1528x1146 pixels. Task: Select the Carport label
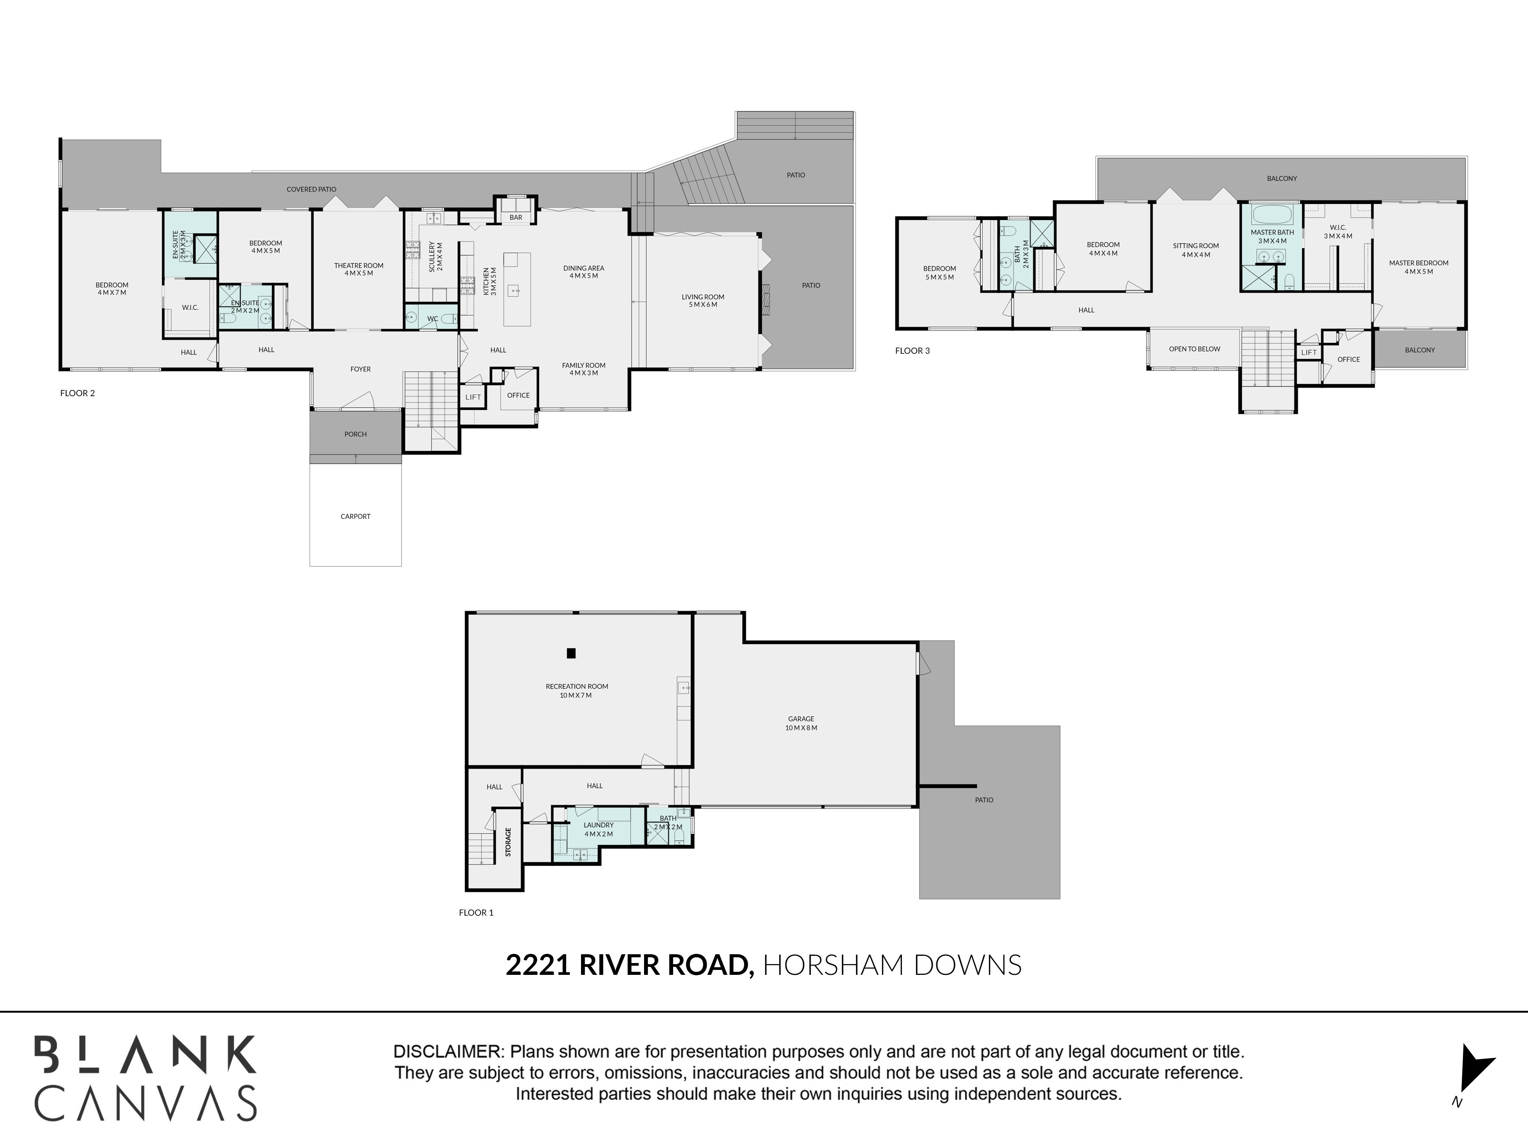pyautogui.click(x=355, y=516)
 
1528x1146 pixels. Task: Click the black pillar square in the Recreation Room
pyautogui.click(x=571, y=653)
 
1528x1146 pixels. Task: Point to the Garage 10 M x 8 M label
pyautogui.click(x=801, y=723)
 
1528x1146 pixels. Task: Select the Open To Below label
pyautogui.click(x=1195, y=349)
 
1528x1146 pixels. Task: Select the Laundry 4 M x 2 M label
pyautogui.click(x=598, y=829)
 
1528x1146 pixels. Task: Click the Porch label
pyautogui.click(x=355, y=434)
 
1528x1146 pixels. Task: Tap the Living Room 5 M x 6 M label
pyautogui.click(x=702, y=301)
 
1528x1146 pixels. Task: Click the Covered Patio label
pyautogui.click(x=312, y=189)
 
